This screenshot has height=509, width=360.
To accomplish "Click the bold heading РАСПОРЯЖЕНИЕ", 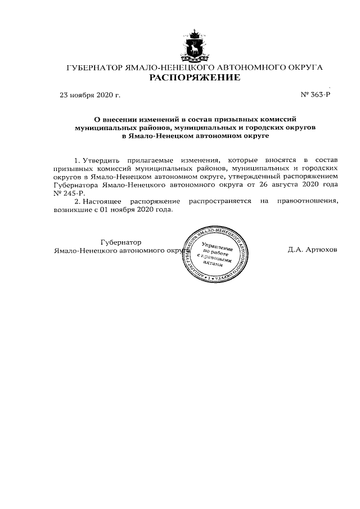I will [194, 77].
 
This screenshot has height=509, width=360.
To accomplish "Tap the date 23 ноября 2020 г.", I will [90, 95].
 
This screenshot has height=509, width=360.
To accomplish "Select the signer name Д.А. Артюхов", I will [312, 250].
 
